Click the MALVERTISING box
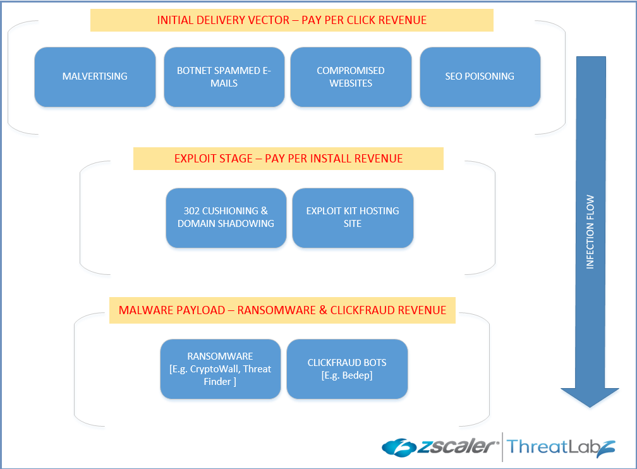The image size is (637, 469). pyautogui.click(x=95, y=76)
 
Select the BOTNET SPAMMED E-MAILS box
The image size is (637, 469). pyautogui.click(x=224, y=76)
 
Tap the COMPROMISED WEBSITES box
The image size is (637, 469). pyautogui.click(x=351, y=76)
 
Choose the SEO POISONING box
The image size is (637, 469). pyautogui.click(x=480, y=76)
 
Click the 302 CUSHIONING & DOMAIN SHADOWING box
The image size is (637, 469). pyautogui.click(x=226, y=217)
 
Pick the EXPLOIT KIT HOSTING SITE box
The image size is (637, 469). pyautogui.click(x=353, y=217)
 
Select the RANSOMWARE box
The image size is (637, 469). pyautogui.click(x=220, y=368)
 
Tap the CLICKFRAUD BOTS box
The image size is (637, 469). pyautogui.click(x=347, y=368)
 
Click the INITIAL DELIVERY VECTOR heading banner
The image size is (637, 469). pyautogui.click(x=291, y=20)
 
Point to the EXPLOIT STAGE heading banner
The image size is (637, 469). pyautogui.click(x=288, y=159)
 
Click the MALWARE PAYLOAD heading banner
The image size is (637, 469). pyautogui.click(x=282, y=310)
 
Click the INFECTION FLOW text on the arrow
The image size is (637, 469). pyautogui.click(x=590, y=232)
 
